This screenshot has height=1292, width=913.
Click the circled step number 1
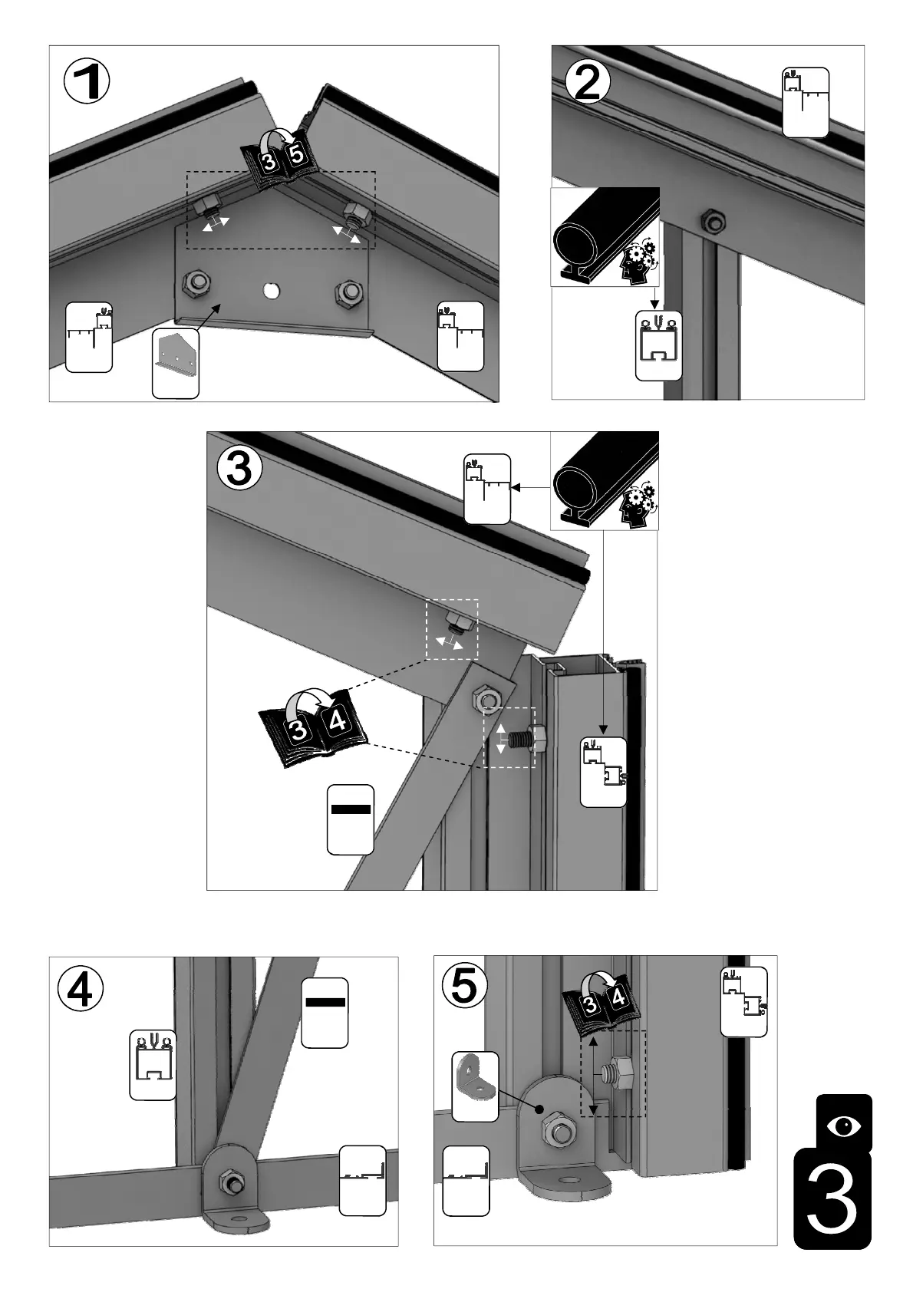(87, 82)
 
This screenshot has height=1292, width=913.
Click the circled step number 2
(587, 82)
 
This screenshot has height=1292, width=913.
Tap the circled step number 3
(239, 468)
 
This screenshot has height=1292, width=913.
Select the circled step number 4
(81, 989)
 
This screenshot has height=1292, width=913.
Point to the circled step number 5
(464, 986)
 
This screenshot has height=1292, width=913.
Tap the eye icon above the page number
(844, 1126)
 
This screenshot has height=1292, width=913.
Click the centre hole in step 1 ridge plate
(270, 291)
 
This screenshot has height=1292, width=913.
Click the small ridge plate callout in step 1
(176, 363)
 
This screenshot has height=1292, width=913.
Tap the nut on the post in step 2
(711, 220)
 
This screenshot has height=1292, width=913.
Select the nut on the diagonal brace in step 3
(486, 699)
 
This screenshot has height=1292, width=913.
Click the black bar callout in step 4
(325, 1012)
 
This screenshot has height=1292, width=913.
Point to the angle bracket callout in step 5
(475, 1086)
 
